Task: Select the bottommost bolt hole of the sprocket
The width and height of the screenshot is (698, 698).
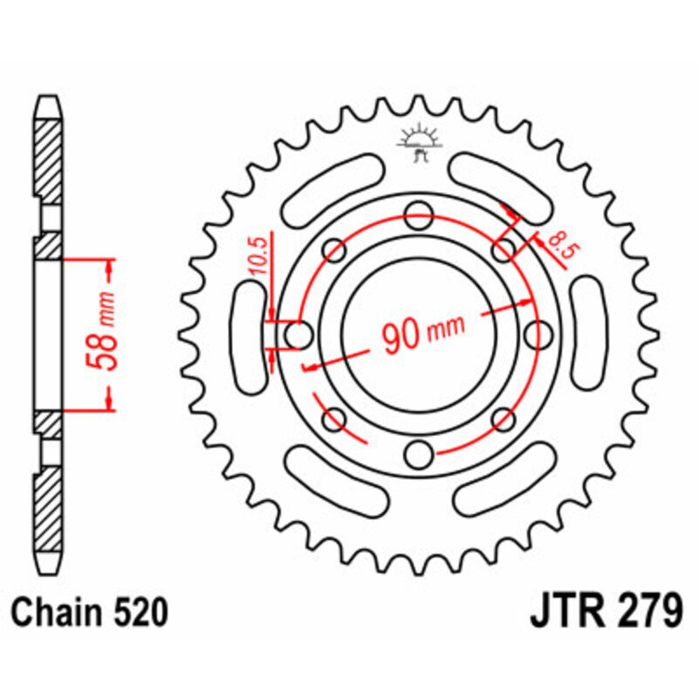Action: [x=420, y=453]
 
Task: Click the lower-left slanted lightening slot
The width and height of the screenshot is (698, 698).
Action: [x=333, y=477]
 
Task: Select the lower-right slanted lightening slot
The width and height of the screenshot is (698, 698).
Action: [x=506, y=477]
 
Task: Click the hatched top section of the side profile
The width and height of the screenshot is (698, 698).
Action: [x=48, y=157]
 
